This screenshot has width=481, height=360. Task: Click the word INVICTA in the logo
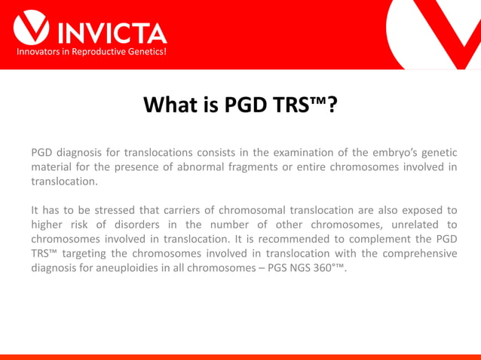112,32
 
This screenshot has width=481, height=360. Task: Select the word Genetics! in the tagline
143,52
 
